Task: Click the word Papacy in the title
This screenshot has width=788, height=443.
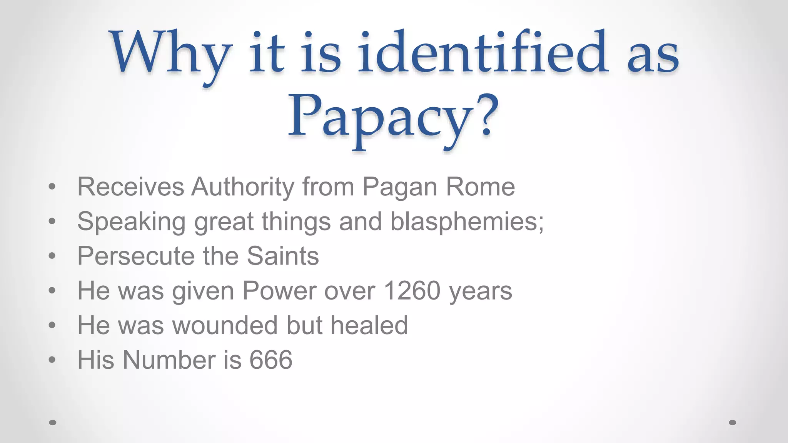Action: pos(381,117)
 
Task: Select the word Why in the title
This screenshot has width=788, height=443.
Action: pos(171,54)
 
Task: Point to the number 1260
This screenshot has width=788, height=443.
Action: pos(412,291)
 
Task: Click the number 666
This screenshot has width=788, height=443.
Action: pos(271,360)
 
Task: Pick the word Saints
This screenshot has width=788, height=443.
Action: pos(283,256)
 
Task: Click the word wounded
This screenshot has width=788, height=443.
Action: pos(225,325)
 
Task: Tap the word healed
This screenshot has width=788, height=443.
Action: pos(369,325)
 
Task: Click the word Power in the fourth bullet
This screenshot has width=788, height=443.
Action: pos(279,291)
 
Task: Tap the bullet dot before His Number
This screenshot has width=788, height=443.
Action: pos(52,360)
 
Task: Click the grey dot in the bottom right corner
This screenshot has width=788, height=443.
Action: pos(732,423)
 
